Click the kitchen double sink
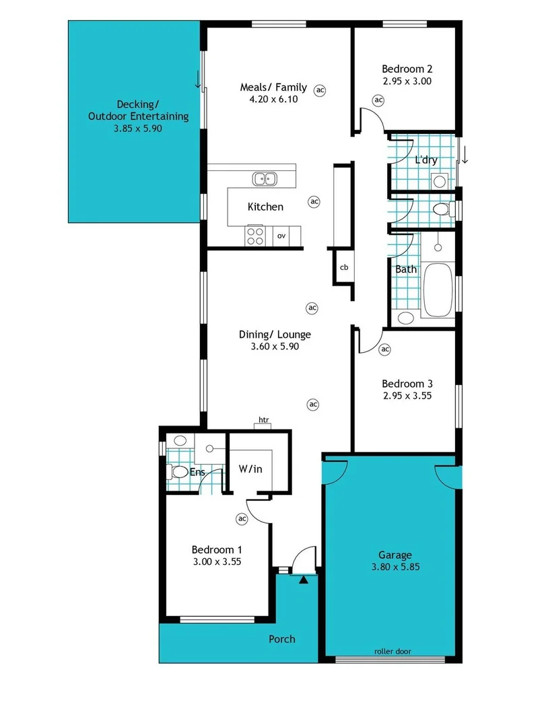click(x=265, y=178)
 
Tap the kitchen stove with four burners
click(x=255, y=235)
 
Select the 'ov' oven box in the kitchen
click(x=281, y=236)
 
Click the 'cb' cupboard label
click(x=343, y=267)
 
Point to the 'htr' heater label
click(x=263, y=420)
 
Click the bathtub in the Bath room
click(x=438, y=290)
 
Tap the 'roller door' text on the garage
click(x=393, y=651)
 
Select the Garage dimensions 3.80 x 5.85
click(x=395, y=567)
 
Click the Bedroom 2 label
click(x=406, y=69)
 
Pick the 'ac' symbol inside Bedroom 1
click(x=242, y=518)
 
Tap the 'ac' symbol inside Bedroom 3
click(x=384, y=349)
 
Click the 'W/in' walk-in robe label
click(x=250, y=469)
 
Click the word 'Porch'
click(x=281, y=638)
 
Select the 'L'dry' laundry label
click(x=426, y=160)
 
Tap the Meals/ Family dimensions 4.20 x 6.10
click(x=273, y=98)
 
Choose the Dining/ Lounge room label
click(x=275, y=334)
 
